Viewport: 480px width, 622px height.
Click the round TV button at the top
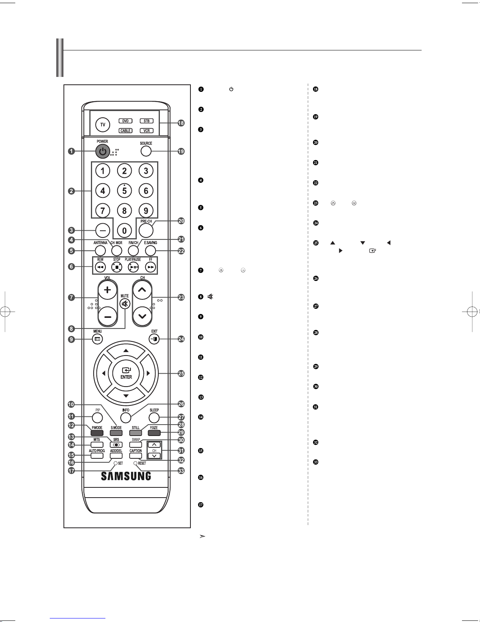(x=103, y=125)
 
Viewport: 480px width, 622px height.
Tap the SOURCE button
(x=146, y=151)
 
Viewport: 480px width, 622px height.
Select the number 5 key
(x=124, y=191)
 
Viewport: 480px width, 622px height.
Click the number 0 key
(x=124, y=231)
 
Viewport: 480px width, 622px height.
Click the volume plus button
(x=108, y=291)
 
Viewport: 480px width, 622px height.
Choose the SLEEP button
(x=154, y=417)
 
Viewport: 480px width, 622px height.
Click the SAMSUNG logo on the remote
(x=126, y=476)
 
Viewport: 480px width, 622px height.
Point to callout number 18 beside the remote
(x=181, y=123)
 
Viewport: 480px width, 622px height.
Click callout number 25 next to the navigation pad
(x=181, y=374)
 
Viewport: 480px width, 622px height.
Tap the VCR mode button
(x=147, y=131)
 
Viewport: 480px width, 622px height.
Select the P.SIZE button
(x=154, y=433)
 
